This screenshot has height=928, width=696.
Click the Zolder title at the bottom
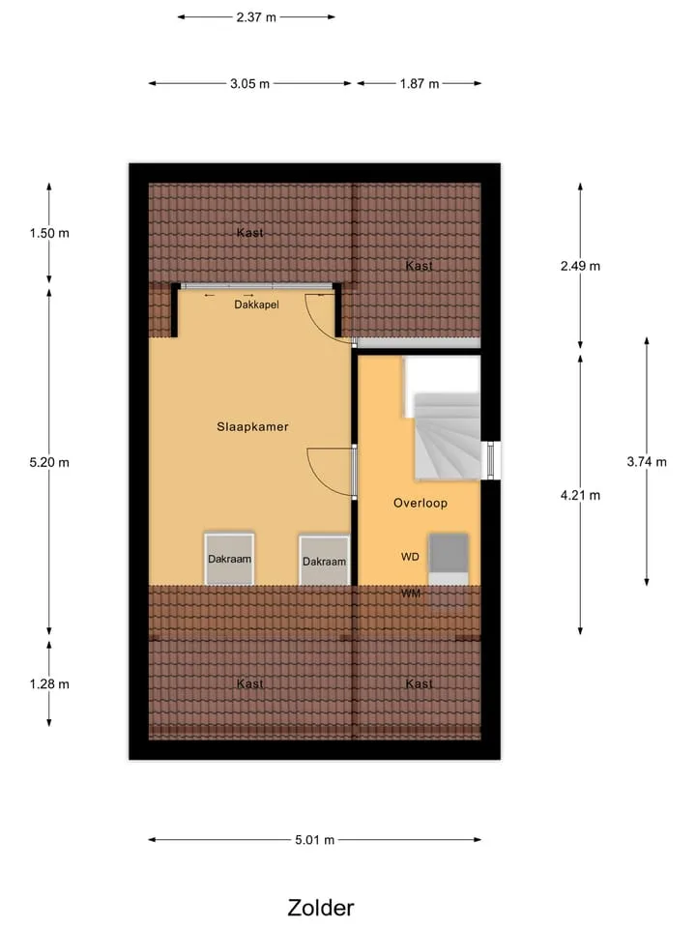coord(321,908)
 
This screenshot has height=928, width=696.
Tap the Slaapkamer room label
coord(252,426)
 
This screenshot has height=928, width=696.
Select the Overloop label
coord(420,503)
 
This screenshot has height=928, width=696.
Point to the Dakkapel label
coord(256,304)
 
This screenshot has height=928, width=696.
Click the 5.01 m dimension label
coord(315,840)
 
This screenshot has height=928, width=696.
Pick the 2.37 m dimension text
coord(256,17)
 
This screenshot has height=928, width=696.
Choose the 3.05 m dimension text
coord(249,84)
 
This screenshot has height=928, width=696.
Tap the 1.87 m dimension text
coord(420,84)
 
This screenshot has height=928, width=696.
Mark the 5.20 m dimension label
coord(49,463)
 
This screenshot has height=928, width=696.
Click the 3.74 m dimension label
coord(647,462)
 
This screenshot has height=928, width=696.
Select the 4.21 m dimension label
coord(581,495)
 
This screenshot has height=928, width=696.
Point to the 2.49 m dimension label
coord(581,267)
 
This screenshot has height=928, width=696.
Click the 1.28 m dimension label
coord(49,684)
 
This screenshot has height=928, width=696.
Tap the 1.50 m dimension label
coord(49,233)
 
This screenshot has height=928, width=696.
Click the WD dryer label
coord(410,557)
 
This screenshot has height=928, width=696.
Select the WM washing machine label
coord(411,593)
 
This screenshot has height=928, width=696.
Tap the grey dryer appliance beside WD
coord(448,553)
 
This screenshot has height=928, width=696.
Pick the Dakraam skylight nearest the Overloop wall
coord(324,561)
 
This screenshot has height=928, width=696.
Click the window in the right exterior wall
coord(491,460)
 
